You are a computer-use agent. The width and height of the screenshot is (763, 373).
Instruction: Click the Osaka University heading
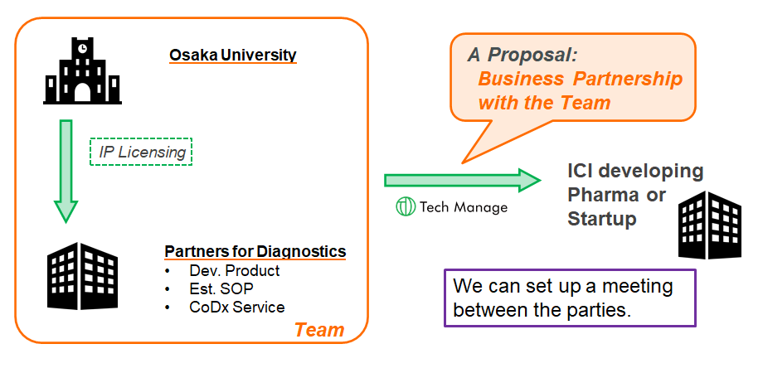[x=232, y=55]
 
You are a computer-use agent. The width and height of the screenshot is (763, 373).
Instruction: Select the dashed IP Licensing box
[x=141, y=152]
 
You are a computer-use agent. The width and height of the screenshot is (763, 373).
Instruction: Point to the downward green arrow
[x=66, y=172]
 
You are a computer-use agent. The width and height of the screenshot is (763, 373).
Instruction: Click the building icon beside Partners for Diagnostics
[x=82, y=276]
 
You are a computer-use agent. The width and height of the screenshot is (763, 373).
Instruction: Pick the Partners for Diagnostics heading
[x=255, y=251]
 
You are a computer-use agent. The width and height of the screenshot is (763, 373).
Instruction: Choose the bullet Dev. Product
[x=235, y=270]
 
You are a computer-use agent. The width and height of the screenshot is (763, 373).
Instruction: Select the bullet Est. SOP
[x=221, y=289]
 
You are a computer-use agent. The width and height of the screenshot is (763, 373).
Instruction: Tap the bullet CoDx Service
[x=237, y=308]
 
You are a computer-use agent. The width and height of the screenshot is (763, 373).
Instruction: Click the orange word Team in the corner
[x=319, y=330]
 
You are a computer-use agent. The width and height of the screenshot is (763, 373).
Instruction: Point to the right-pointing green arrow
[x=462, y=181]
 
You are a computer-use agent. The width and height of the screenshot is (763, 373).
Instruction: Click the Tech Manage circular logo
[x=406, y=206]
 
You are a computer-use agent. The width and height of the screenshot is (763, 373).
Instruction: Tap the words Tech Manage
[x=464, y=208]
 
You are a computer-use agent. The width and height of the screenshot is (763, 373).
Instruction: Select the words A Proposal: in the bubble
[x=522, y=55]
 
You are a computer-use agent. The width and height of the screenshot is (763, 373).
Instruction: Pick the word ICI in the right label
[x=581, y=172]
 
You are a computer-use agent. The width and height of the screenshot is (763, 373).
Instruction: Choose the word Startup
[x=602, y=220]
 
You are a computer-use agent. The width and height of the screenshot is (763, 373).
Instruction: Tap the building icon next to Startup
[x=710, y=225]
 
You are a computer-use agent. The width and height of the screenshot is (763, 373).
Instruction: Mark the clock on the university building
[x=82, y=47]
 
